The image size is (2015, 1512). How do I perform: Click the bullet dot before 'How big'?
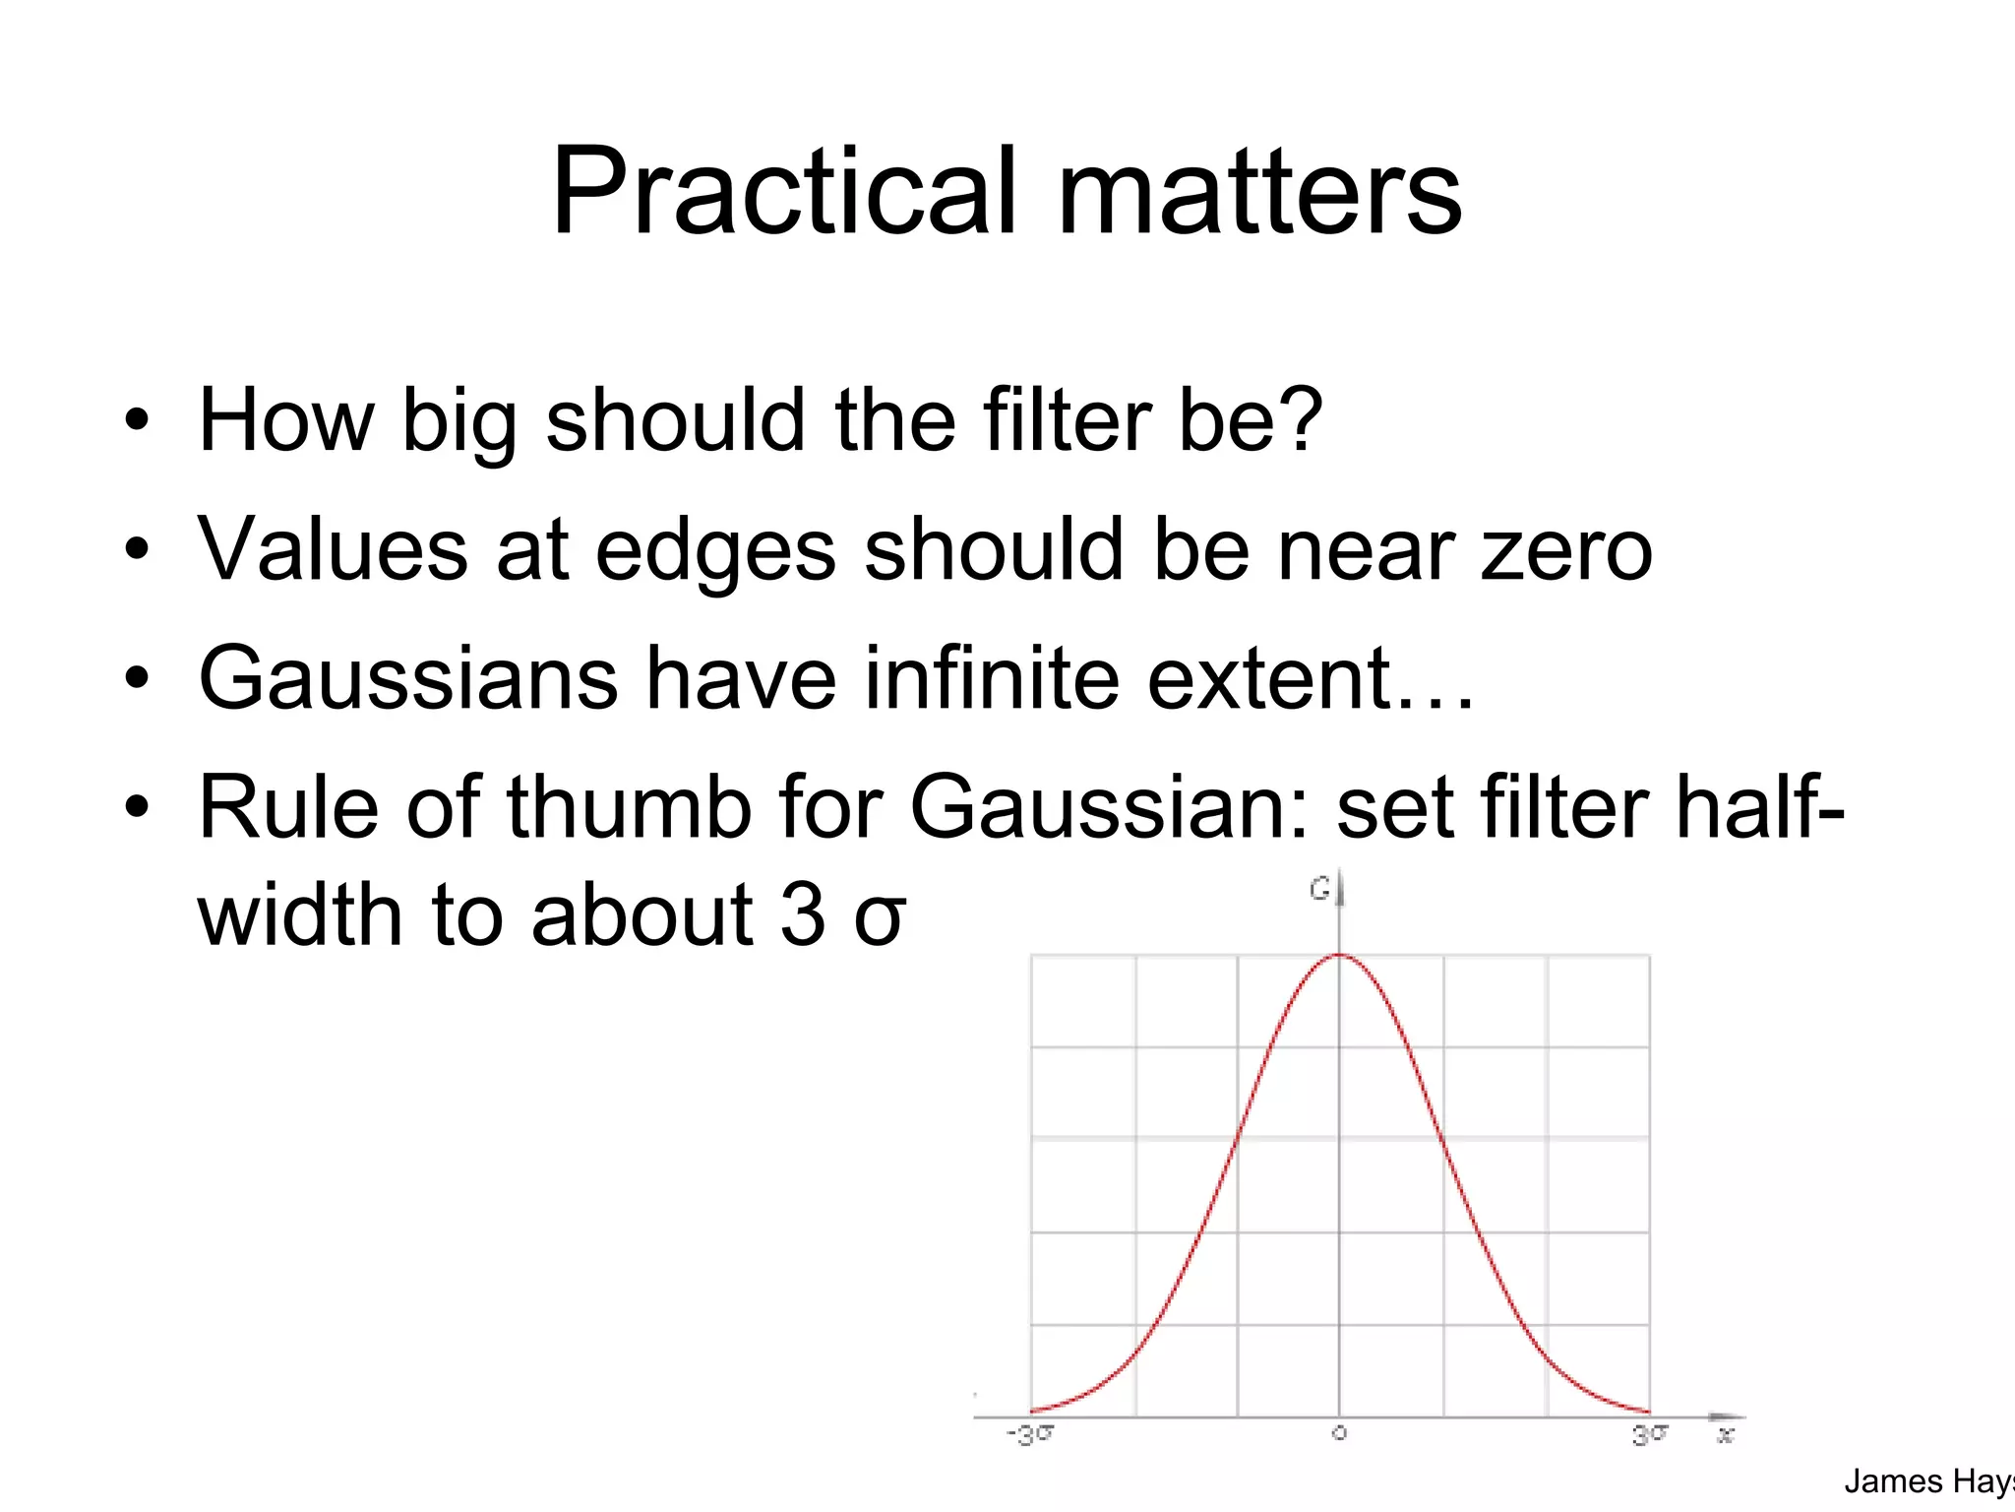click(137, 421)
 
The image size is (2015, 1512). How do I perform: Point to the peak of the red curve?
click(1339, 956)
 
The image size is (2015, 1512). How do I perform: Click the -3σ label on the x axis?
click(1029, 1435)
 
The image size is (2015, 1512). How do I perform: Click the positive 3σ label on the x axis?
click(1650, 1435)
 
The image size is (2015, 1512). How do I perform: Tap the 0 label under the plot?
click(1339, 1434)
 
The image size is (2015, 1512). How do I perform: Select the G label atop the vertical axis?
click(1319, 889)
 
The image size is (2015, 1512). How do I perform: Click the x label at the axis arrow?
click(1725, 1436)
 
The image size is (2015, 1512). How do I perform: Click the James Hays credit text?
click(1928, 1481)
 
